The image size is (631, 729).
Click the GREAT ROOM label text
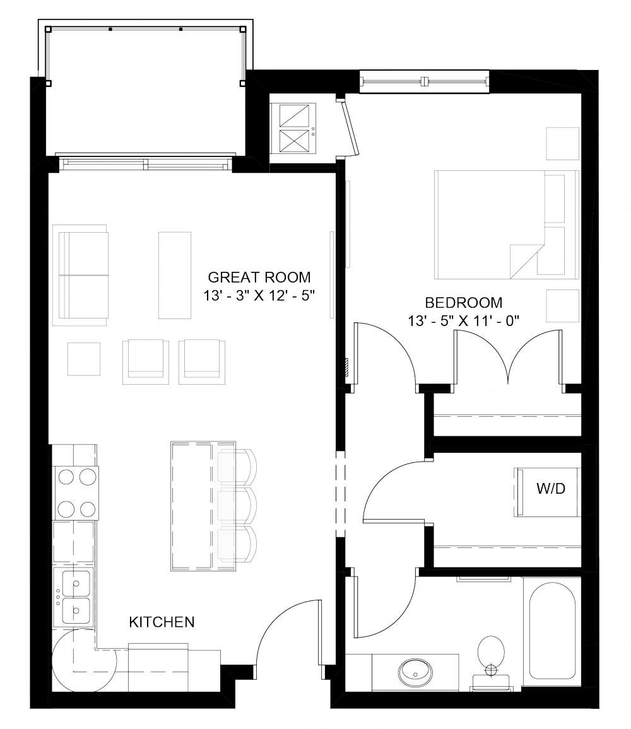point(259,277)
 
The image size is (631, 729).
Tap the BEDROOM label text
point(464,302)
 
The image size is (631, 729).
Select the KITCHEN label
point(162,622)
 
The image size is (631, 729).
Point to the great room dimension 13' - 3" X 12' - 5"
point(259,295)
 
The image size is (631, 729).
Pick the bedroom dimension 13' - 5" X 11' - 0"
point(464,320)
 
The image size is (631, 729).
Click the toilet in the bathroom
point(491,653)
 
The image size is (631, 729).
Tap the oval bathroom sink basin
point(416,673)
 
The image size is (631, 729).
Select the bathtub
point(551,631)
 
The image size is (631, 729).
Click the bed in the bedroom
point(506,225)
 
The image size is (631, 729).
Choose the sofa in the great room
point(83,275)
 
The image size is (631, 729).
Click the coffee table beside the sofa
point(174,275)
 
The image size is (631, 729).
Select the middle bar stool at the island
point(237,506)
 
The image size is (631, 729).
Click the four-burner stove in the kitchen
point(76,493)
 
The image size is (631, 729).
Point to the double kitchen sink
point(75,596)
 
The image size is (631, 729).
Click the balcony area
point(145,91)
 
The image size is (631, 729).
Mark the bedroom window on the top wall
point(424,81)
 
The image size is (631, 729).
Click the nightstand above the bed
point(562,144)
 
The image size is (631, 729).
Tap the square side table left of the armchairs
point(83,359)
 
